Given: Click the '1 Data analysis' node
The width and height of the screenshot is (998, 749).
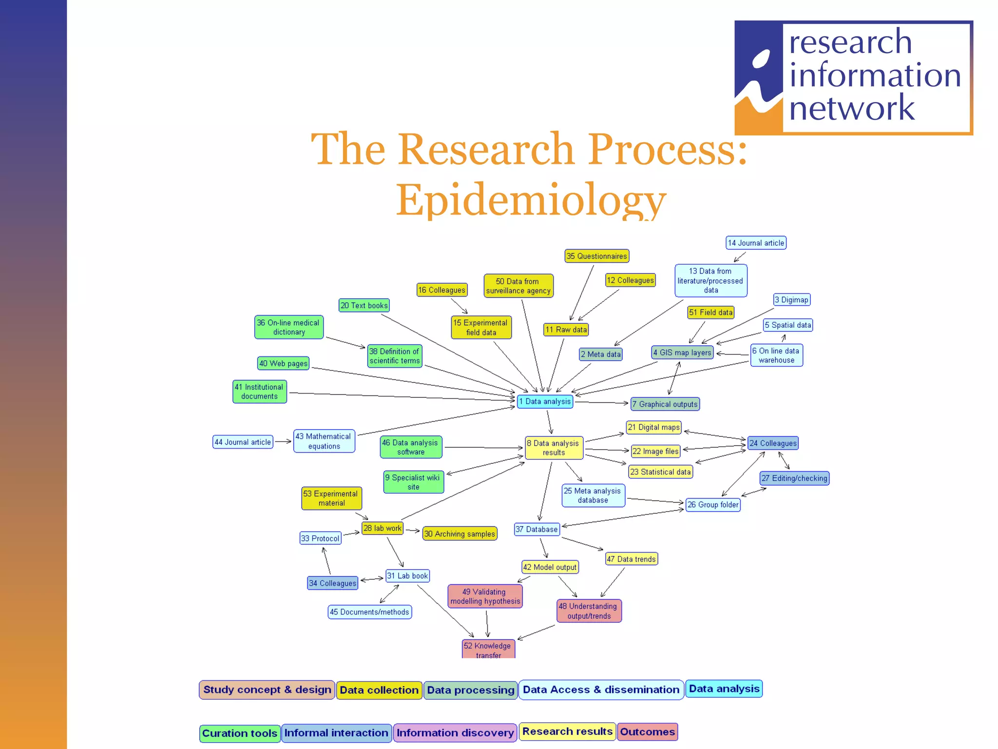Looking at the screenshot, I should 544,401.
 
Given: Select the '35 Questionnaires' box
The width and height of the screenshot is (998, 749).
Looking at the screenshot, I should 596,256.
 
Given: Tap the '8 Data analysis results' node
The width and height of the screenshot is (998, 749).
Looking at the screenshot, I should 554,448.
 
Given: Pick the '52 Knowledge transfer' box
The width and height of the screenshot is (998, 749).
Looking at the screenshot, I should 488,650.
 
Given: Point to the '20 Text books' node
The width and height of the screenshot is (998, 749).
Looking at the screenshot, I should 364,306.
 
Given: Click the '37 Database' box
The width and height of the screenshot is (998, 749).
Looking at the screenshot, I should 537,529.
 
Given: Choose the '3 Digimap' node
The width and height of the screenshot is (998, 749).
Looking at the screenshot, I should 791,300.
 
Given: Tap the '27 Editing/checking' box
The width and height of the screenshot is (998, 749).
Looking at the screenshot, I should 794,478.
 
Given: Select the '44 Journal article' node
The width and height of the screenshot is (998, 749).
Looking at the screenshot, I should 243,442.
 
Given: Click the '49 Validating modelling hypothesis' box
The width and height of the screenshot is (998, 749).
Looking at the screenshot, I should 485,596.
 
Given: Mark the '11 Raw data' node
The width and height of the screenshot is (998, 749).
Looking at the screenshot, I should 566,330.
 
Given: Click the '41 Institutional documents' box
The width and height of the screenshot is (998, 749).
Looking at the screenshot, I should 259,392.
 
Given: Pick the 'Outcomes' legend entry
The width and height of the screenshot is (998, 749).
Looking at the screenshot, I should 647,732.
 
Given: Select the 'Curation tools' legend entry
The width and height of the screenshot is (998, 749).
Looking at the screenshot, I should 239,733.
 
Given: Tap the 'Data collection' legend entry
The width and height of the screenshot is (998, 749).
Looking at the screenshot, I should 379,690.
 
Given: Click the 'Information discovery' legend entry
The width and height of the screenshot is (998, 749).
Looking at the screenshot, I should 455,733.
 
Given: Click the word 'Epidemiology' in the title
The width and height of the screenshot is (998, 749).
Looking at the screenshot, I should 530,200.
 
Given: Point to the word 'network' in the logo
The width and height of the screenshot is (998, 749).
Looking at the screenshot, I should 851,108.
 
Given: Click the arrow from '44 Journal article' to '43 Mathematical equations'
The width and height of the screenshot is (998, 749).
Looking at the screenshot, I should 283,441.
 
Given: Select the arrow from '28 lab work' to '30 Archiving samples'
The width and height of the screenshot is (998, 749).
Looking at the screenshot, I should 413,531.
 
